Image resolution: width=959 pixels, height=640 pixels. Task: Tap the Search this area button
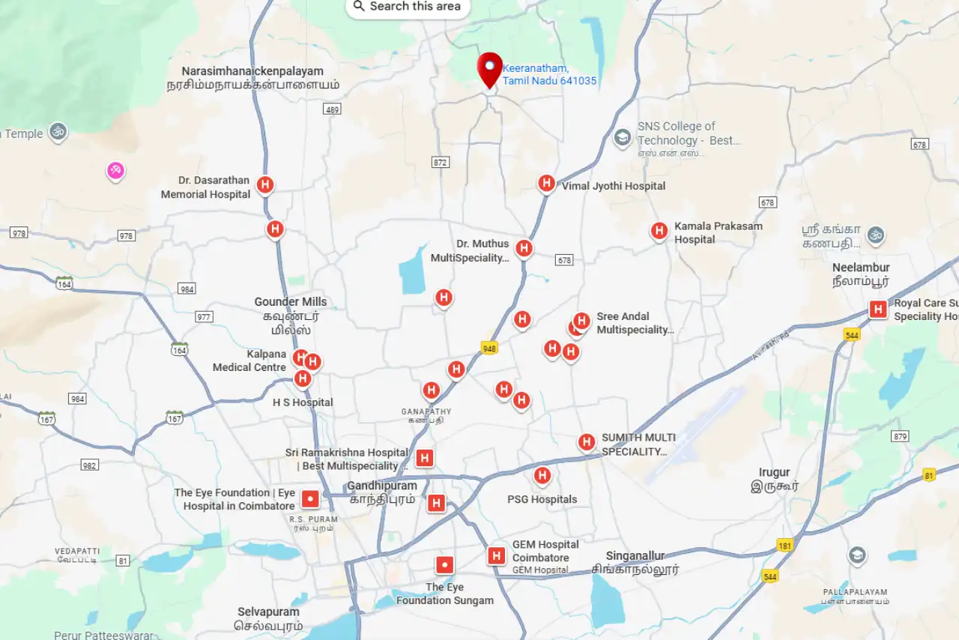pyautogui.click(x=408, y=7)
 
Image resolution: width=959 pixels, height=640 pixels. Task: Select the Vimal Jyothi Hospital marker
pyautogui.click(x=547, y=184)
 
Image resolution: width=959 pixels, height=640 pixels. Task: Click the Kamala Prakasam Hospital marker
pyautogui.click(x=659, y=231)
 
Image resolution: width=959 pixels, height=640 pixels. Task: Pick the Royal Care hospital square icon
pyautogui.click(x=878, y=309)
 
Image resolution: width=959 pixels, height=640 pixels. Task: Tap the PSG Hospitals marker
pyautogui.click(x=542, y=475)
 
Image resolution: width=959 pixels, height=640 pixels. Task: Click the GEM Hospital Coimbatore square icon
pyautogui.click(x=495, y=555)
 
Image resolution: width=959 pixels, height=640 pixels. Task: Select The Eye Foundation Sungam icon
pyautogui.click(x=445, y=565)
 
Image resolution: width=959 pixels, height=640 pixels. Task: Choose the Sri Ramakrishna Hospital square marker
pyautogui.click(x=425, y=457)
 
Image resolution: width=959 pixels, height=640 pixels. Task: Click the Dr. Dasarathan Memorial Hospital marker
pyautogui.click(x=264, y=184)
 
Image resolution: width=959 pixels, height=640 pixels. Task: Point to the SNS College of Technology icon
pyautogui.click(x=622, y=137)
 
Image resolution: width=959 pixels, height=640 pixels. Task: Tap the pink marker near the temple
pyautogui.click(x=115, y=171)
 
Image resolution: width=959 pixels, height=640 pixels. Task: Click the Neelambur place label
pyautogui.click(x=861, y=268)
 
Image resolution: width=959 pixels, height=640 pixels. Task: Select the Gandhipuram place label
pyautogui.click(x=382, y=486)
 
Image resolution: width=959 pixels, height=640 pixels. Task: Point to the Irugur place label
pyautogui.click(x=774, y=473)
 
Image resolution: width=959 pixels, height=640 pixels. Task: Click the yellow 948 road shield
pyautogui.click(x=489, y=348)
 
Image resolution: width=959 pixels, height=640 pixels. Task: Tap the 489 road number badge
pyautogui.click(x=332, y=109)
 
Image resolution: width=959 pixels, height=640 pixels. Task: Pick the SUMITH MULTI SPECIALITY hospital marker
pyautogui.click(x=587, y=442)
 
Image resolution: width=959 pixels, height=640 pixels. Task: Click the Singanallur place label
pyautogui.click(x=635, y=556)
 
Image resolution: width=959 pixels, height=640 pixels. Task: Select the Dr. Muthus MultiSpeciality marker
pyautogui.click(x=524, y=248)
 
